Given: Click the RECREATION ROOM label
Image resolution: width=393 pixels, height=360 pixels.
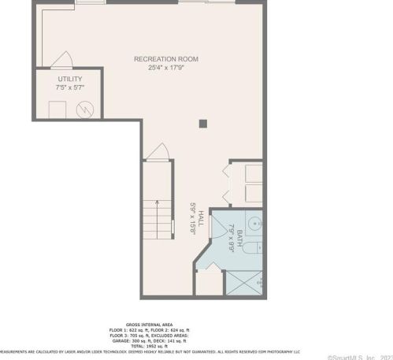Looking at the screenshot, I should [165, 59].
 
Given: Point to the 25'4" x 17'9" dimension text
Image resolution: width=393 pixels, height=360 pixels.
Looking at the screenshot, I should [165, 68].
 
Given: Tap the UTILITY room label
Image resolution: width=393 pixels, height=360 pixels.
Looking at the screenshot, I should [69, 80].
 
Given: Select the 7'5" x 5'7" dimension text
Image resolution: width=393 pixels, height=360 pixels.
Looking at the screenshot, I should [69, 87].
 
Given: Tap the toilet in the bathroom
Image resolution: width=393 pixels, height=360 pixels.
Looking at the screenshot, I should [250, 249].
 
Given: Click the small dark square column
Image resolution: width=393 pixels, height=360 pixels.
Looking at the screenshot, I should [202, 123].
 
